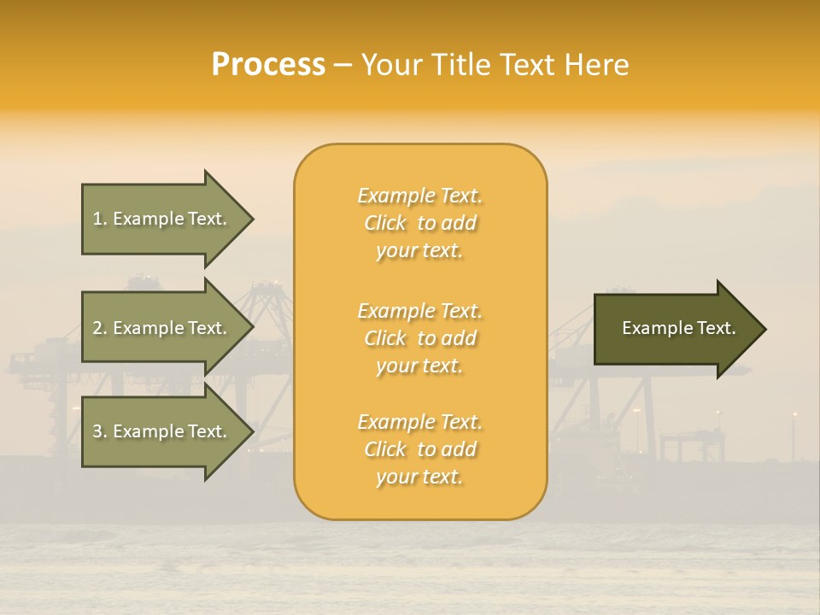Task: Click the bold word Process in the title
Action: coord(268,64)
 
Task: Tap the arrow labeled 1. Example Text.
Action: coord(162,219)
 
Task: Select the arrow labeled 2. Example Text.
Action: coord(162,328)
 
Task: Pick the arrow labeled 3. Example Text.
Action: coord(162,431)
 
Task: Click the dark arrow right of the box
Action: coord(675,328)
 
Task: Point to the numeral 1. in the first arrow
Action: coord(100,219)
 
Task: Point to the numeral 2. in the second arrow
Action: coord(100,328)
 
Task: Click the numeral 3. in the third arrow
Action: coord(100,431)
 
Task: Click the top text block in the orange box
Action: coord(419,223)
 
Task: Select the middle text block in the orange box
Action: coord(419,337)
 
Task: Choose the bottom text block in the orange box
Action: coord(419,449)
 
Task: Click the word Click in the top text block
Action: coord(385,223)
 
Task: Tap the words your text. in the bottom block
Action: coord(419,477)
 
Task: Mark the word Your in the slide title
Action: coord(389,64)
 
